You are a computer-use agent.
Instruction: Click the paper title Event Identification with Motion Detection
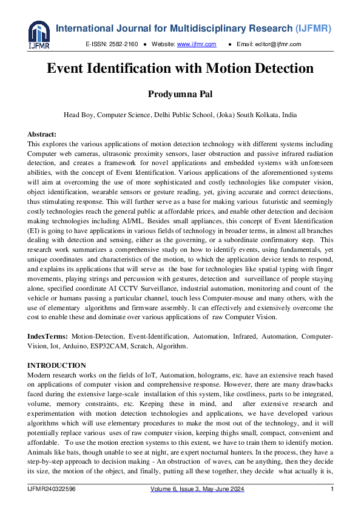click(180, 69)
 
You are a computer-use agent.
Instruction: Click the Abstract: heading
click(42, 134)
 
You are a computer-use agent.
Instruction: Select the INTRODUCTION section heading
click(56, 365)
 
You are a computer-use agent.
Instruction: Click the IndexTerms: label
click(48, 336)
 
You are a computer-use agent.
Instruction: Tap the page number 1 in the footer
click(332, 489)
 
